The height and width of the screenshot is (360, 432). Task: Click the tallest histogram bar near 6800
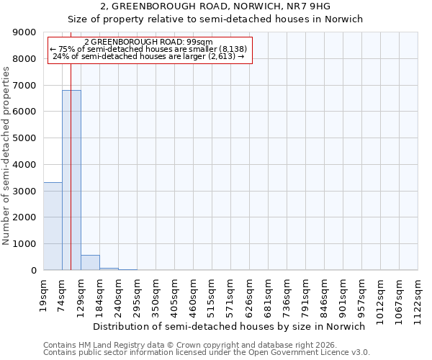point(71,180)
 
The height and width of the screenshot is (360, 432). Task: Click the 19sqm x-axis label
point(44,294)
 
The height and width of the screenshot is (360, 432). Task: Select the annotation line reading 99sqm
point(148,42)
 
